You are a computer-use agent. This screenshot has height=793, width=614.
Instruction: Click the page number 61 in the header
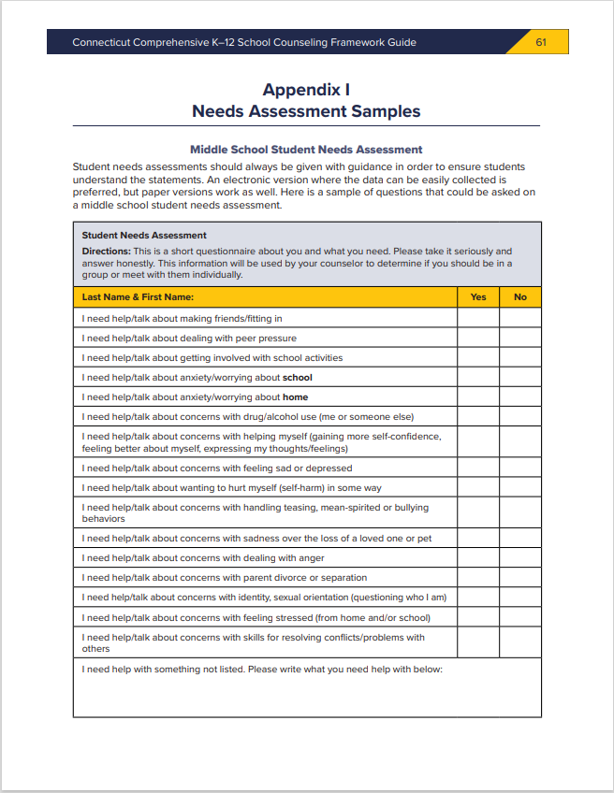click(x=541, y=42)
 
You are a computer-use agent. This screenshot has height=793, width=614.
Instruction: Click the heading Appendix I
click(x=306, y=90)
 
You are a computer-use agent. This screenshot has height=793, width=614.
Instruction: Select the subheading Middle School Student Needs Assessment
click(x=306, y=150)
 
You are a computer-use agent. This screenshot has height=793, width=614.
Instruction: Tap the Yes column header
click(x=478, y=297)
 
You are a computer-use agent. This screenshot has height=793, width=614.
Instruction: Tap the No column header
click(x=520, y=297)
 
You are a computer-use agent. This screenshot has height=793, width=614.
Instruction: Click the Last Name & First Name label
click(x=138, y=297)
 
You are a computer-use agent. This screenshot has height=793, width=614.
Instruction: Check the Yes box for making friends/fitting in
click(x=478, y=318)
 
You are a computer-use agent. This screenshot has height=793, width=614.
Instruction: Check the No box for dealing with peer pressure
click(x=520, y=338)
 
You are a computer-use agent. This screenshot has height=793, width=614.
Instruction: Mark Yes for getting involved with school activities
click(x=478, y=357)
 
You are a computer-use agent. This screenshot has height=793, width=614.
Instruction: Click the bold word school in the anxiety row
click(x=298, y=378)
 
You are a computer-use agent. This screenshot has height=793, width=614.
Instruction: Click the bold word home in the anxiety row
click(x=296, y=397)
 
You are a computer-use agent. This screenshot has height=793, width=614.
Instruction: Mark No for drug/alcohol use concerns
click(x=520, y=417)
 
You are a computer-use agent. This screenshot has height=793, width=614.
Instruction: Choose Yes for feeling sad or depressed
click(x=478, y=468)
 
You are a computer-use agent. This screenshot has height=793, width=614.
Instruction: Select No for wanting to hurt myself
click(x=520, y=487)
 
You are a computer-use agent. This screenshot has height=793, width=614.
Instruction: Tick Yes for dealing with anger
click(x=478, y=558)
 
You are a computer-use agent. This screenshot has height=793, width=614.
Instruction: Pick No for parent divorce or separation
click(x=520, y=578)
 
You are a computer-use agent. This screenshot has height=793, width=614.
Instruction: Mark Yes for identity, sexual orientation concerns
click(x=478, y=598)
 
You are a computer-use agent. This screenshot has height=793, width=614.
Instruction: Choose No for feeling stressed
click(x=520, y=617)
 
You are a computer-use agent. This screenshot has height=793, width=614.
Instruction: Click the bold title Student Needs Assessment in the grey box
click(x=144, y=236)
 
